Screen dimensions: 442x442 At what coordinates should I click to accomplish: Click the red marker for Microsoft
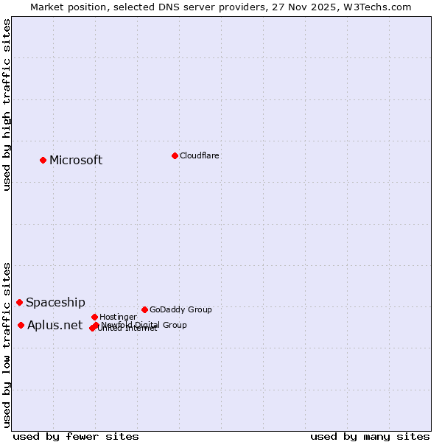[x=43, y=160]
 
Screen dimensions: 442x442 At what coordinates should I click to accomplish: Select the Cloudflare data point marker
[x=175, y=155]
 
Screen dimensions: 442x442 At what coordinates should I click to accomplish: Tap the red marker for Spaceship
[x=20, y=302]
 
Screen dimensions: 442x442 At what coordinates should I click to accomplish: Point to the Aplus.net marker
[x=21, y=325]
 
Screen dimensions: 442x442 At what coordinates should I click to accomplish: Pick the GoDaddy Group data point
[x=144, y=309]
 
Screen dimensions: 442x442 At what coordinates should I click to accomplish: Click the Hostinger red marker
[x=95, y=317]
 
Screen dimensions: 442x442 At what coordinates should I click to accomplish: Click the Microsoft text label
[x=76, y=161]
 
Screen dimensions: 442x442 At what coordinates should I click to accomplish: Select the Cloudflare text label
[x=200, y=156]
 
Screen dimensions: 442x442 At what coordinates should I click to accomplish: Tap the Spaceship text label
[x=55, y=303]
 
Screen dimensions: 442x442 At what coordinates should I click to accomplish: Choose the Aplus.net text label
[x=55, y=326]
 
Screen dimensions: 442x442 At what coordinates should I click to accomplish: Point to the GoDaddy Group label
[x=180, y=310]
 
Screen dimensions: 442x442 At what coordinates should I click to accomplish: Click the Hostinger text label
[x=119, y=318]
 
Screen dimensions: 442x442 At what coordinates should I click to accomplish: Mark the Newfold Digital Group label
[x=144, y=325]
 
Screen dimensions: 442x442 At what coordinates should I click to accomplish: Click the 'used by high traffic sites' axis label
[x=7, y=105]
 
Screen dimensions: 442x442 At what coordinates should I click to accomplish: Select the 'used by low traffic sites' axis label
[x=7, y=344]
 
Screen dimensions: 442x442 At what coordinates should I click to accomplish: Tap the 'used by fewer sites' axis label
[x=76, y=436]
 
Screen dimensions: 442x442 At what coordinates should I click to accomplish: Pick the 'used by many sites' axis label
[x=370, y=436]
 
